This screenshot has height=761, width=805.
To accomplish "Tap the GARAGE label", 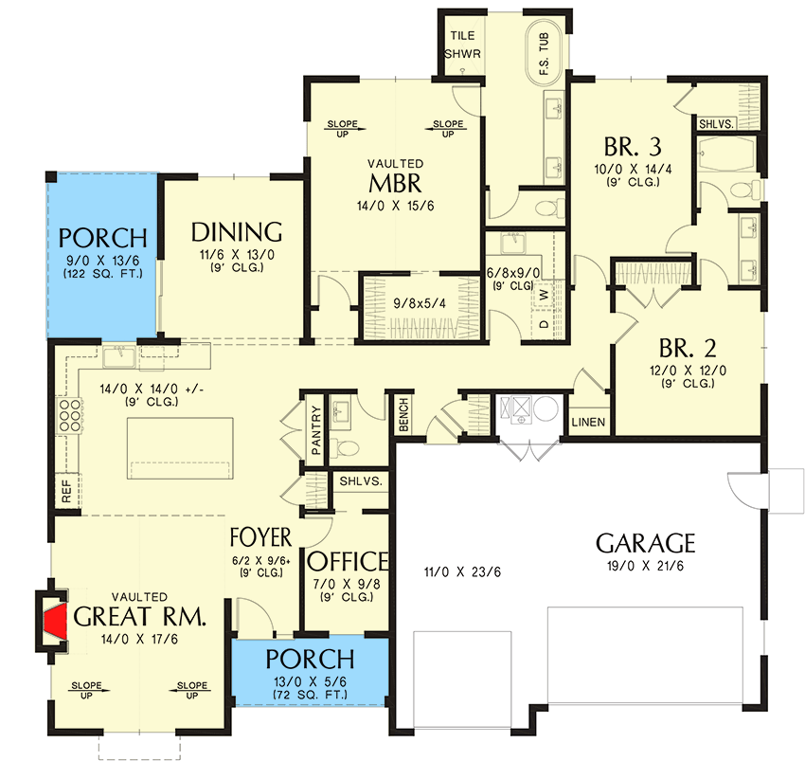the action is [645, 544].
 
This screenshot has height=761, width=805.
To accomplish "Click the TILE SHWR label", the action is [462, 45].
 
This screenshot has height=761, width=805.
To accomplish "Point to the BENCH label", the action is [403, 414].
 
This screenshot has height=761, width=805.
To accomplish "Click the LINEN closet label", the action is [588, 423].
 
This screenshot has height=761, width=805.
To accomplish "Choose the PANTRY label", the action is [315, 430].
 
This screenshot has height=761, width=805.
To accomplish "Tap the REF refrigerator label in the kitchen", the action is [66, 491].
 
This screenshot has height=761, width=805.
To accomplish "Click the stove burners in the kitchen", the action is [70, 415].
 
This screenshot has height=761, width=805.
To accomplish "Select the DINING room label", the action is [237, 232].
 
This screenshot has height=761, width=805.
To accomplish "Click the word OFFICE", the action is [348, 562].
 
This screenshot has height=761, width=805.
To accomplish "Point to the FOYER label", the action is [260, 537].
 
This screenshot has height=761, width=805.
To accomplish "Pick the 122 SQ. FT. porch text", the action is [103, 273].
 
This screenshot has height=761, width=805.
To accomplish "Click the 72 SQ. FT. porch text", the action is [310, 695].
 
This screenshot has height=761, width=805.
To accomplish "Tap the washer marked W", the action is [544, 295].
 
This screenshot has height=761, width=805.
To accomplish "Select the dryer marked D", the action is [544, 324].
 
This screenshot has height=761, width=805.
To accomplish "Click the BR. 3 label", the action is [633, 147].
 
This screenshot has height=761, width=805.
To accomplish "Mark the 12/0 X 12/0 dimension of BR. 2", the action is [688, 371].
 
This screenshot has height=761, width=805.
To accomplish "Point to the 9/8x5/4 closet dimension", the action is [420, 303].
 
